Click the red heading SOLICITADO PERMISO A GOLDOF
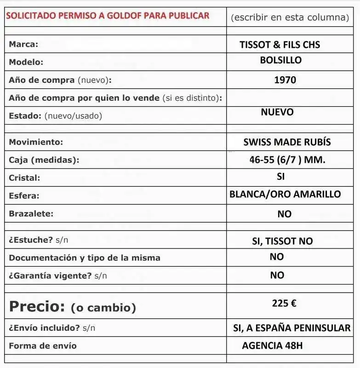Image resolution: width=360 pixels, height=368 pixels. coord(107,16)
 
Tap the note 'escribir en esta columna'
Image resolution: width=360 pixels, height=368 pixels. coord(290,17)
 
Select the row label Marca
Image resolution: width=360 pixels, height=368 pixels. coord(23,45)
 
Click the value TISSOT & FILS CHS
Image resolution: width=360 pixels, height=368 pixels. coord(280,45)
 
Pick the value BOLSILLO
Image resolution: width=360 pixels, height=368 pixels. coord(280,60)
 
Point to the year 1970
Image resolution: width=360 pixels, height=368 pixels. coord(285,80)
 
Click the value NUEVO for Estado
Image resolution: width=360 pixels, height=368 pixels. coord(277,112)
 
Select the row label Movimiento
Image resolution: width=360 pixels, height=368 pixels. coord(36,142)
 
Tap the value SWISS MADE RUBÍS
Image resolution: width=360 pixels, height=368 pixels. coord(287,142)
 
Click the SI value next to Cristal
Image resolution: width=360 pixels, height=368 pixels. coord(281,177)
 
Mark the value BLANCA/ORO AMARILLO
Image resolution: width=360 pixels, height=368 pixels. coord(285,194)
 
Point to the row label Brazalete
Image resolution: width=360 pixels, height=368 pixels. coord(31,214)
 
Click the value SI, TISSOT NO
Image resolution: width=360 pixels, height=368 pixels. coord(282,241)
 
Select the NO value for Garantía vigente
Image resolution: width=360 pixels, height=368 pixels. coord(277,275)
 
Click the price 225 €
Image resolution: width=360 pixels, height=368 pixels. coord(284,304)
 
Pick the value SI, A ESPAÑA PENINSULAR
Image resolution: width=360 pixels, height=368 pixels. coord(292,328)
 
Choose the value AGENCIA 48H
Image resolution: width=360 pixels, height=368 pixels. coord(272,346)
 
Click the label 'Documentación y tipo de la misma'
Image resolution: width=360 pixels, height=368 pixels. coord(85,258)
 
